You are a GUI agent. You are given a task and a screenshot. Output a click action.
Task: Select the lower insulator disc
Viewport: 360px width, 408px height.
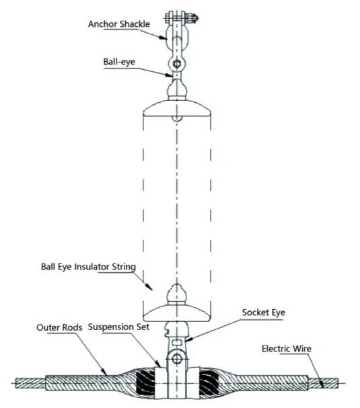[176, 310]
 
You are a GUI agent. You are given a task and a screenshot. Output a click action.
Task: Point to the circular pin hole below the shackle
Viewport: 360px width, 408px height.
[176, 65]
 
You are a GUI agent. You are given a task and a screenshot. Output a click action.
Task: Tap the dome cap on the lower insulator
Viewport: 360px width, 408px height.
[176, 293]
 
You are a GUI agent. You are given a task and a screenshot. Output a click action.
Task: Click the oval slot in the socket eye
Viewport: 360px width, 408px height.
[176, 341]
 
